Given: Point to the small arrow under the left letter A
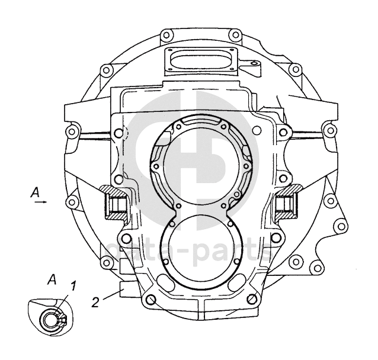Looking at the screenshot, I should pos(40,202).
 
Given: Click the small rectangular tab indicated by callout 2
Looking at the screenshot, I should pos(124,288).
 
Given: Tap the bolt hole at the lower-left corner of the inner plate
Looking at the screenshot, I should pos(150,300).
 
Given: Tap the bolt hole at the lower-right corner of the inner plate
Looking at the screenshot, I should pos(253,300).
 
